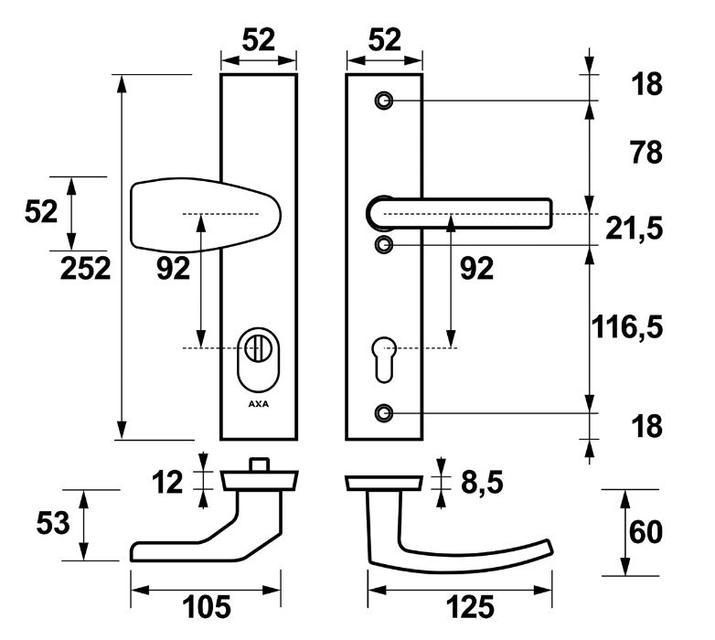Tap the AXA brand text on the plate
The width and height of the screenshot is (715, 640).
click(259, 402)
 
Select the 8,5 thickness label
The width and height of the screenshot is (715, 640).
click(478, 482)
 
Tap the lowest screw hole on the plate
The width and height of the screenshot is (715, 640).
click(384, 412)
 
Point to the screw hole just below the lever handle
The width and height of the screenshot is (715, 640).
click(384, 244)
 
